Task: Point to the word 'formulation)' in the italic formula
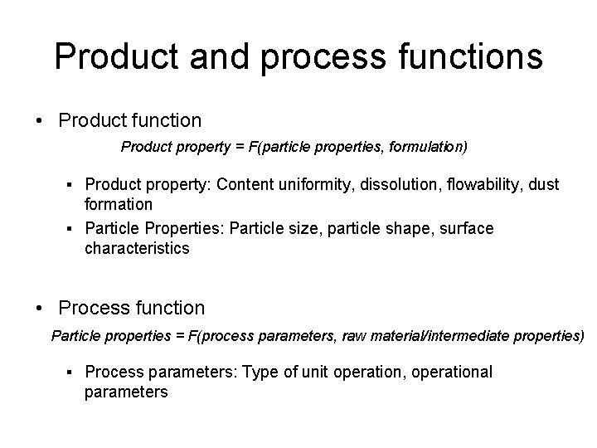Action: coord(428,148)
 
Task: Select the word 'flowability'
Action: coord(488,184)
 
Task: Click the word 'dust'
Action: coord(543,184)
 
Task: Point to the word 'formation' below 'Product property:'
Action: coord(119,203)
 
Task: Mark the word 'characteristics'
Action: coord(138,248)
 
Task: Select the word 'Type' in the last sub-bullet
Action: coord(260,373)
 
